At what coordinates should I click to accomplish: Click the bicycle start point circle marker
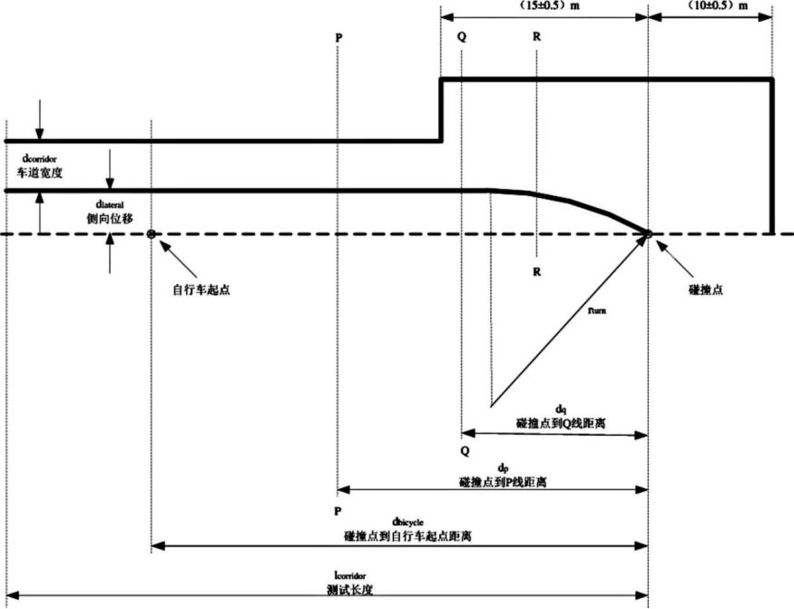click(151, 234)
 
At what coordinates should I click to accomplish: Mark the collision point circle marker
click(649, 234)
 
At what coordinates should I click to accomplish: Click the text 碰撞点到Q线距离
click(560, 423)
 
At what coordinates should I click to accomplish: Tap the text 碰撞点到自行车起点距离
click(407, 535)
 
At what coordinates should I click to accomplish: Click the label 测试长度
click(349, 588)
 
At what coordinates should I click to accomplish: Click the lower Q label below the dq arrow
click(465, 450)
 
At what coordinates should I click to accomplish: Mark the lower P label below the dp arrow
click(338, 510)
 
